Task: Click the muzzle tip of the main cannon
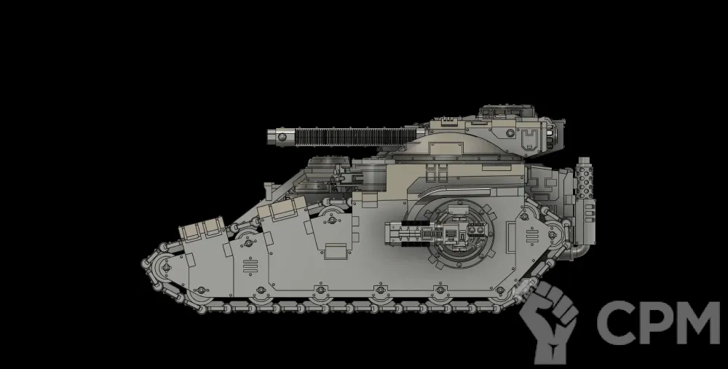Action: (269, 138)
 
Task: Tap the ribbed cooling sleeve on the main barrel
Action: (356, 137)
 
